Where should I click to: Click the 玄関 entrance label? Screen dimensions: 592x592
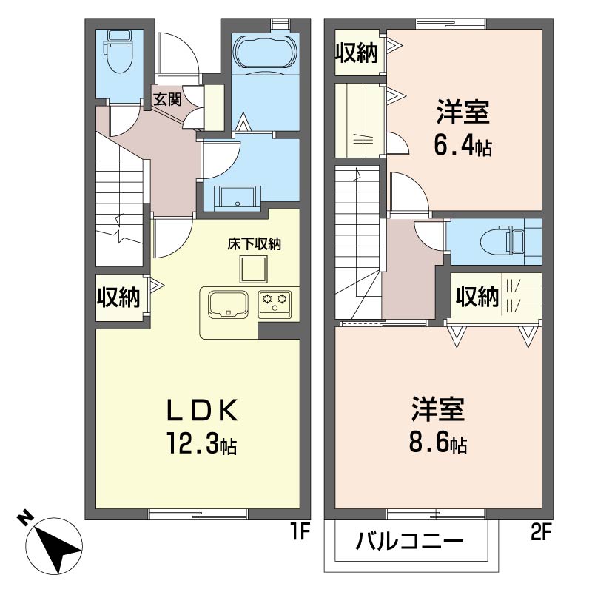pos(167,99)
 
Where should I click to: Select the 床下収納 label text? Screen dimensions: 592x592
pos(254,243)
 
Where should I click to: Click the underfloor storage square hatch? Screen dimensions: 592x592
pos(254,269)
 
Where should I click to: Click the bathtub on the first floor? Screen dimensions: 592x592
pos(265,53)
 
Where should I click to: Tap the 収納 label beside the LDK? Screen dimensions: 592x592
pos(118,297)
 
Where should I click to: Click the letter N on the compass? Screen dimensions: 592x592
pos(25,517)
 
